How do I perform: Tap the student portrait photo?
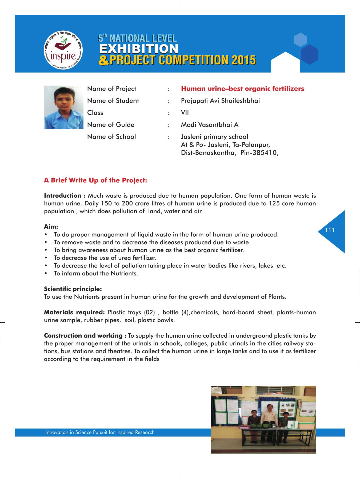tap(64, 107)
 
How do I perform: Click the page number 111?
tap(330, 230)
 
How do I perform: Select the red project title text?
tap(242, 89)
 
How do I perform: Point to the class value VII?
tap(185, 113)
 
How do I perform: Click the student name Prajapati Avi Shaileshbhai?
tap(220, 101)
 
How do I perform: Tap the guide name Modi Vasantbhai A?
tap(210, 125)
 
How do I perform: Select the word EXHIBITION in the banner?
tap(139, 49)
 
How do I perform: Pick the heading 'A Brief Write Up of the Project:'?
tap(95, 180)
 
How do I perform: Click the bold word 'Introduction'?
tap(63, 196)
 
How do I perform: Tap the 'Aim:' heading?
tap(51, 227)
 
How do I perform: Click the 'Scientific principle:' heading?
tap(73, 289)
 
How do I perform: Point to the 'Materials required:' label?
tap(74, 312)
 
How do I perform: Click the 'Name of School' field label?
tap(111, 137)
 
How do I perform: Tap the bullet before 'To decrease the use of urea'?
tap(46, 258)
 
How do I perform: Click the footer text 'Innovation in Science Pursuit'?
tap(100, 432)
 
